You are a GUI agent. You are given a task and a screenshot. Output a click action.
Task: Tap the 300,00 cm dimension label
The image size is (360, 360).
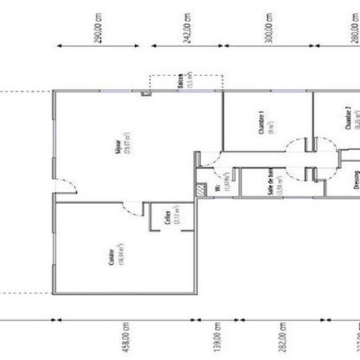[x=268, y=27]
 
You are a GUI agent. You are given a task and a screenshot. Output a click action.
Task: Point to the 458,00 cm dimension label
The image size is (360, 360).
[x=127, y=338]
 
